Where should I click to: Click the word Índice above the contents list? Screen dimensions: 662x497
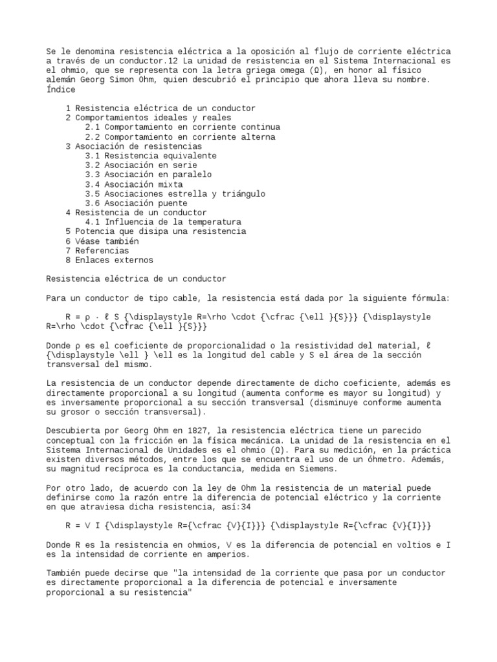tap(61, 89)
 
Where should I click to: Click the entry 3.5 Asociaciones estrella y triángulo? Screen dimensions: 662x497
tap(175, 193)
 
